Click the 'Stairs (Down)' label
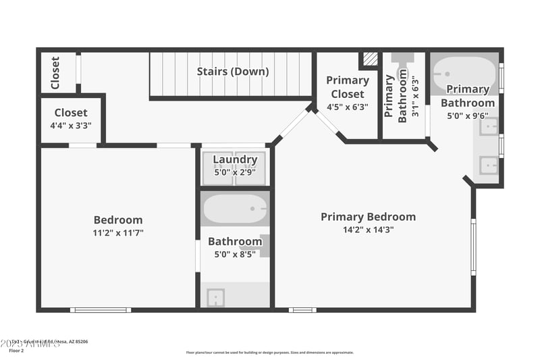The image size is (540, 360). [233, 71]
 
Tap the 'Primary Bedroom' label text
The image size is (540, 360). [368, 217]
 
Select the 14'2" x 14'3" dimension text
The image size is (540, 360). [368, 230]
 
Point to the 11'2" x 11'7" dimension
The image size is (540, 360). [118, 232]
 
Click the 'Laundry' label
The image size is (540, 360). [235, 160]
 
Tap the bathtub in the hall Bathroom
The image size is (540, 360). [235, 209]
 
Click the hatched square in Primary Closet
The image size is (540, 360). [370, 59]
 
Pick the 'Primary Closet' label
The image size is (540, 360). [348, 87]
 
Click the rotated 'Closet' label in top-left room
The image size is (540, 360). [55, 72]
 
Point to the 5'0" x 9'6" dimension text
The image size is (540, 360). [468, 115]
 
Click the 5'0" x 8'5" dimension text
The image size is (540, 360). [235, 255]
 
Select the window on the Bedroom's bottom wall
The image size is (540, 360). [101, 310]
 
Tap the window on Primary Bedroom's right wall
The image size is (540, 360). [473, 247]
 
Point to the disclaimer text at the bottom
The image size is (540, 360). [269, 352]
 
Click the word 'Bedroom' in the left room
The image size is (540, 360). [118, 220]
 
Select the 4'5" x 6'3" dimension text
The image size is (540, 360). [348, 107]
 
